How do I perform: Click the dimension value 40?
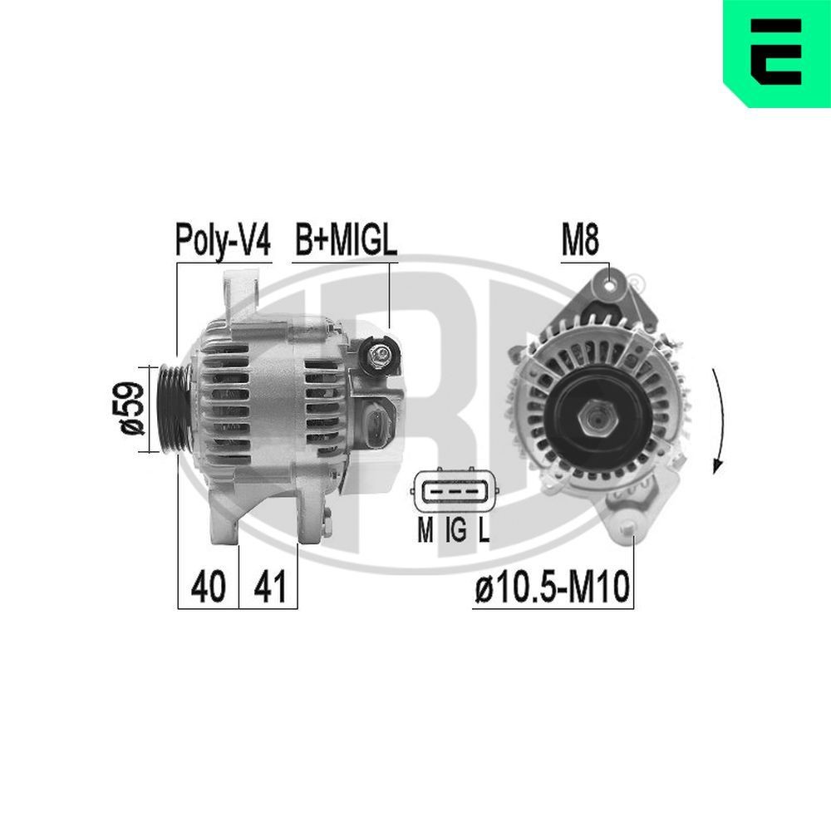(x=208, y=587)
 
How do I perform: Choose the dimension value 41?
(x=269, y=587)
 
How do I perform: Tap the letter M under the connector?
(x=425, y=529)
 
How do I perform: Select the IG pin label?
(x=455, y=529)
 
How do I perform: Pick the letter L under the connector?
(x=484, y=529)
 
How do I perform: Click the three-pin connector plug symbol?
(x=455, y=494)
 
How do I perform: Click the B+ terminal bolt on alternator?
(x=381, y=356)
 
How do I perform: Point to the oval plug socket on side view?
(x=376, y=427)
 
